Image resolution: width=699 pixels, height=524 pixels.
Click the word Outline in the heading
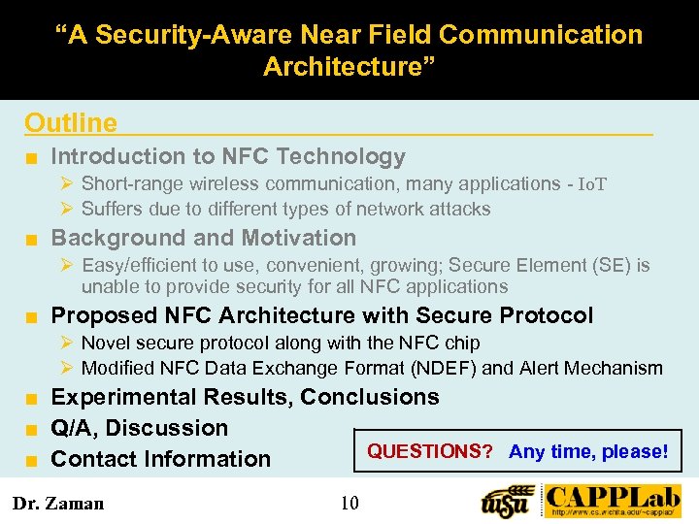coord(71,123)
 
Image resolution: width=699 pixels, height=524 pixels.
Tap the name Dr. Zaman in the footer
coord(57,503)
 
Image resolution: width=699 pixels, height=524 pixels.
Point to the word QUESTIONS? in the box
coord(430,451)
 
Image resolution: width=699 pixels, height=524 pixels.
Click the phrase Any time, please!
coord(588,451)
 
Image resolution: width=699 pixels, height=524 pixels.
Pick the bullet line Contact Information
coord(160,459)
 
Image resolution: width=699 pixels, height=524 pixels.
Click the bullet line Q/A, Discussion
coord(139,428)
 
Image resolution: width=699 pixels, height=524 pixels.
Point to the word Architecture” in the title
coord(349,67)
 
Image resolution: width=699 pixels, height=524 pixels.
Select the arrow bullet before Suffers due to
coord(67,209)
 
